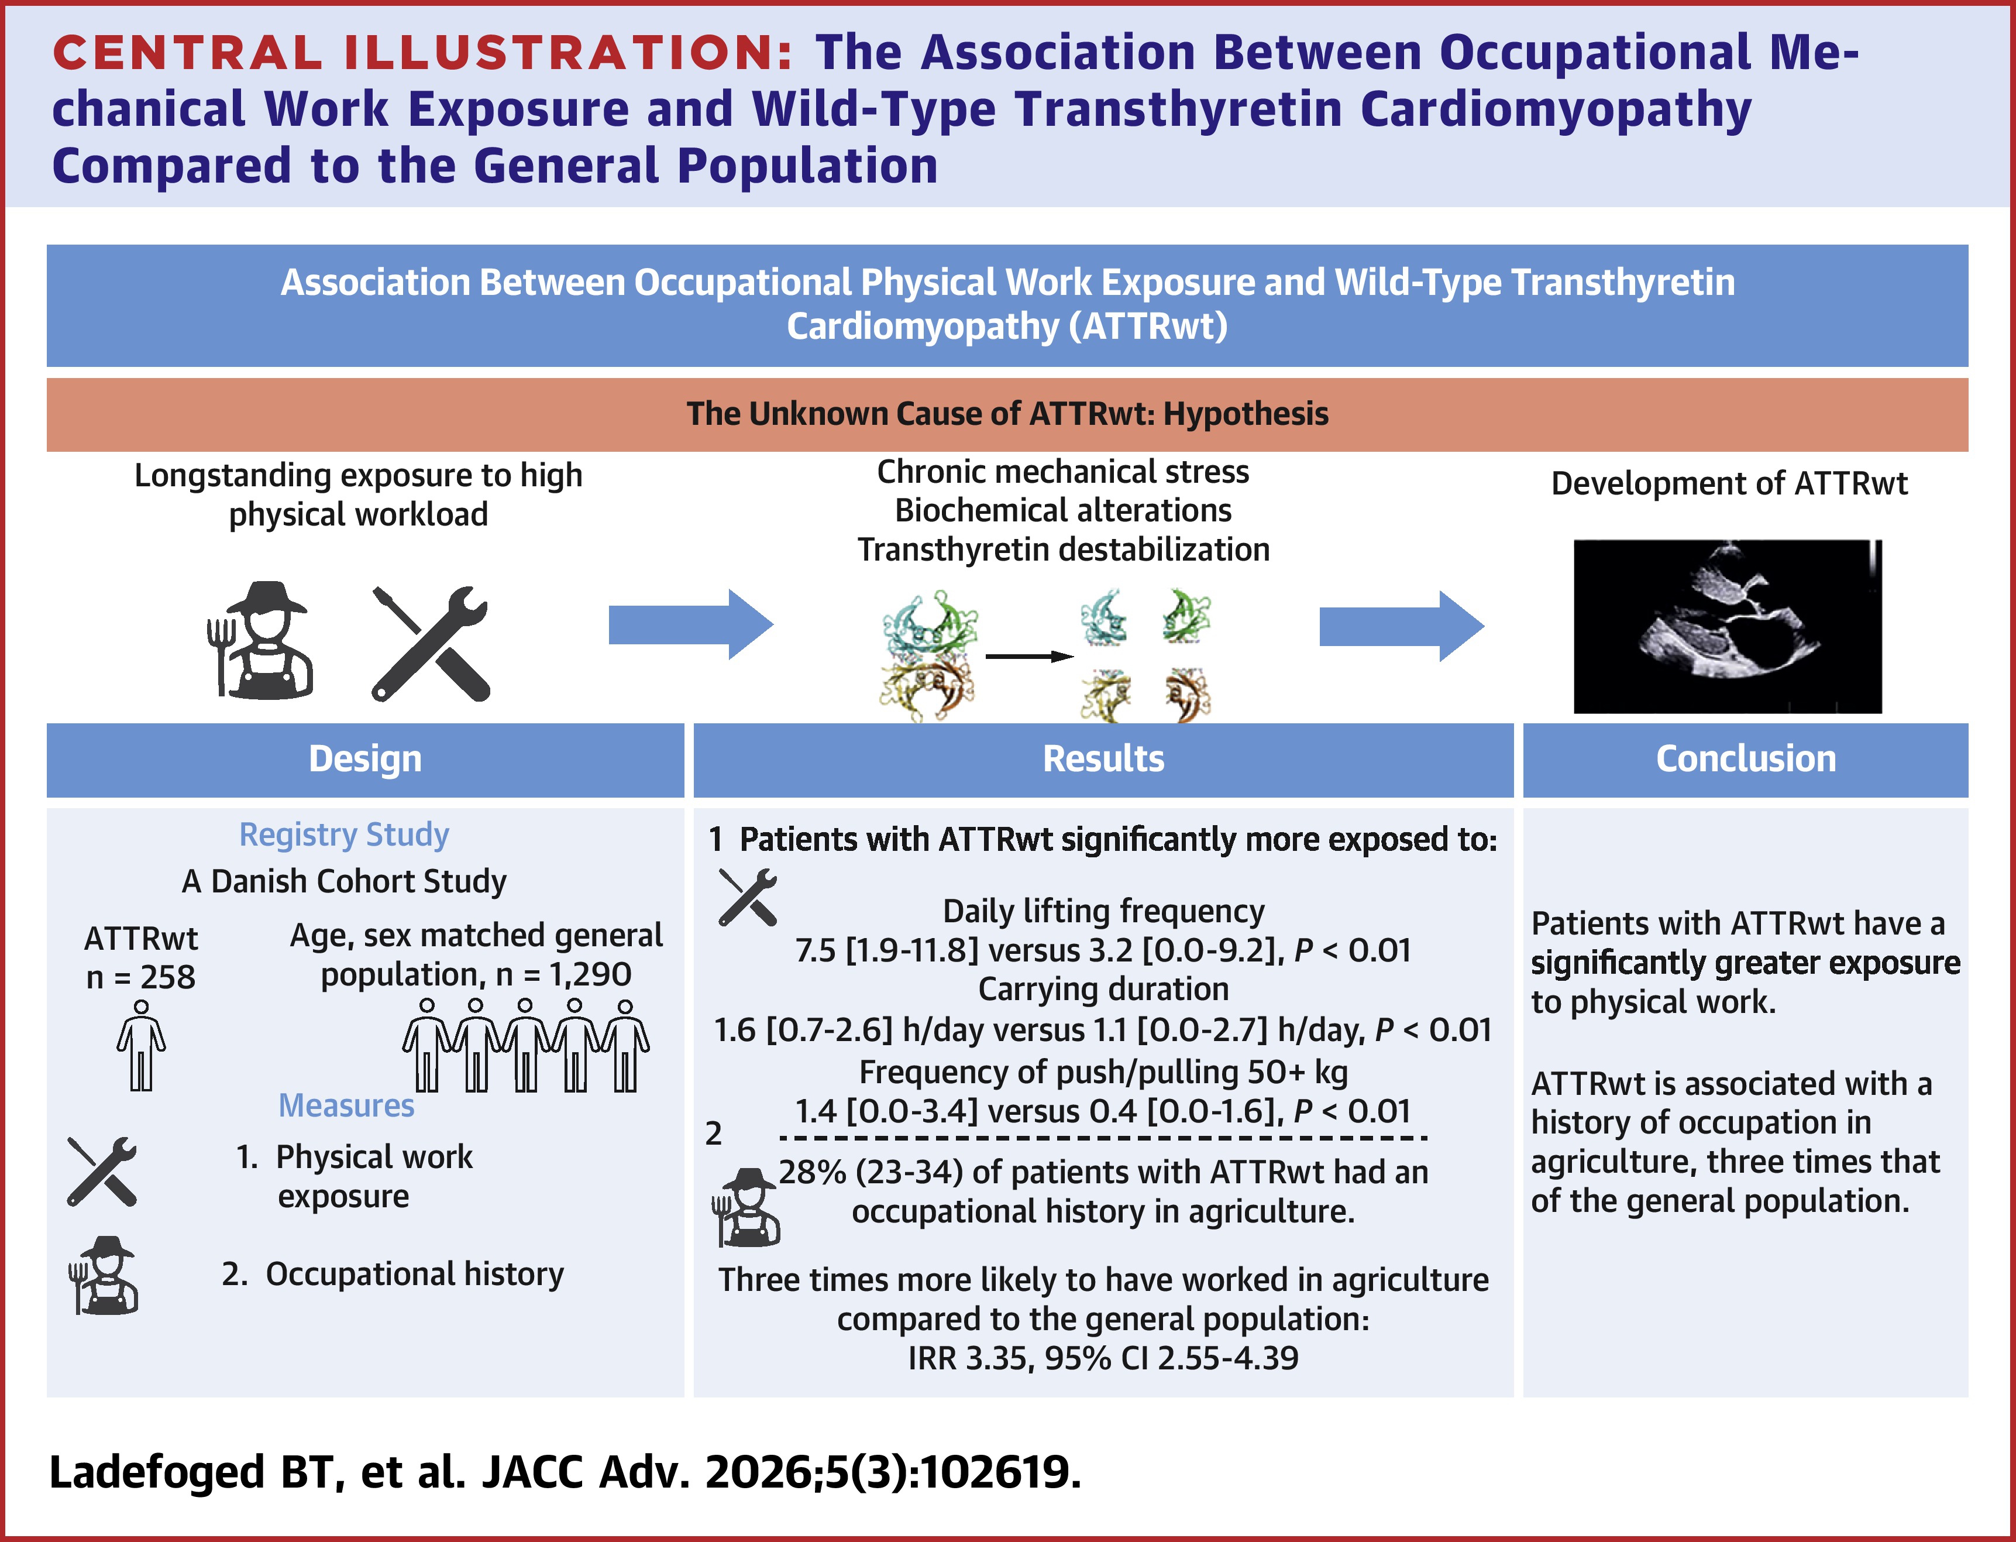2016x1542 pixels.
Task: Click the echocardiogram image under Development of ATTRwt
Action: click(1727, 626)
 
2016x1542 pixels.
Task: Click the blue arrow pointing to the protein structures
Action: click(690, 625)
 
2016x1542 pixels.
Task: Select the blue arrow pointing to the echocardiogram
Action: click(1401, 626)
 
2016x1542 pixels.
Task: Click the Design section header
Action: click(365, 759)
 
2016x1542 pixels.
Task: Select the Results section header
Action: click(1103, 759)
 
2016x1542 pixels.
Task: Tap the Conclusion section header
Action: click(1745, 759)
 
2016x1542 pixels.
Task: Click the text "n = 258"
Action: click(140, 977)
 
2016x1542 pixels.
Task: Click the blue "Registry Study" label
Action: click(344, 834)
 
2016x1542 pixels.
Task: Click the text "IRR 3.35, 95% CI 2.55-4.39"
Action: click(1103, 1358)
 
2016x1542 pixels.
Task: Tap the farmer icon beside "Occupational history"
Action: click(103, 1275)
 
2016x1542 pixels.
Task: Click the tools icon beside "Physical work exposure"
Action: click(102, 1171)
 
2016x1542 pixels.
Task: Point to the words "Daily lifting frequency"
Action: click(1103, 911)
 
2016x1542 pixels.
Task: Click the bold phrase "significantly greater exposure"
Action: click(1745, 963)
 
